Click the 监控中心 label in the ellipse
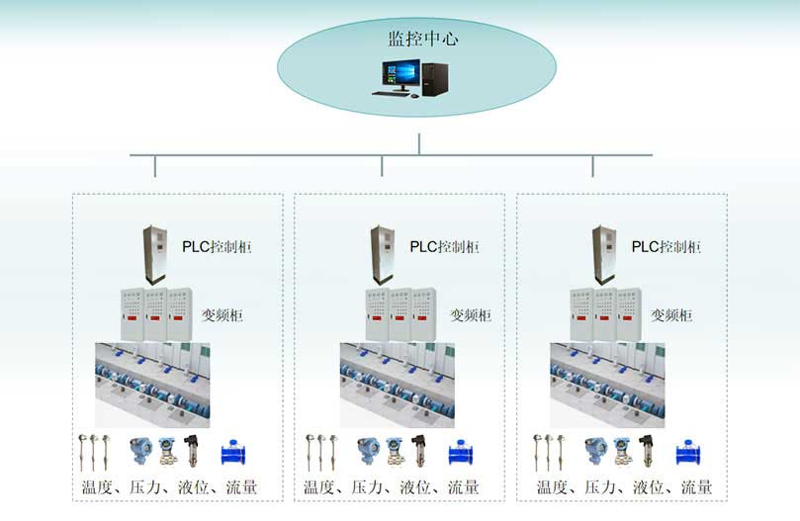pos(423,40)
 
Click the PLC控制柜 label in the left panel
pos(217,246)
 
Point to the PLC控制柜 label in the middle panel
pos(445,246)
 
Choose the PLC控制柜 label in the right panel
pos(667,246)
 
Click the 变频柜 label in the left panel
pos(222,315)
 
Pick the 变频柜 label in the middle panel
pos(471,315)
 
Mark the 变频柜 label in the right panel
pos(671,315)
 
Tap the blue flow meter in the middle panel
pos(461,452)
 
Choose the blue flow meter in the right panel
pos(689,452)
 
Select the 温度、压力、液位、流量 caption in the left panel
pos(170,487)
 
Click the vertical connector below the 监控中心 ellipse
pos(419,143)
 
